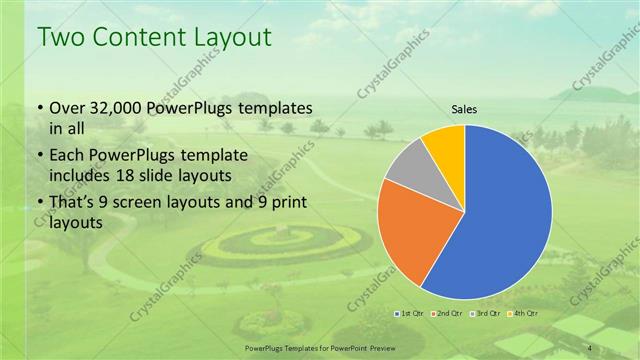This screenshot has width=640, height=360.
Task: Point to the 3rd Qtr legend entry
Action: coord(482,313)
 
